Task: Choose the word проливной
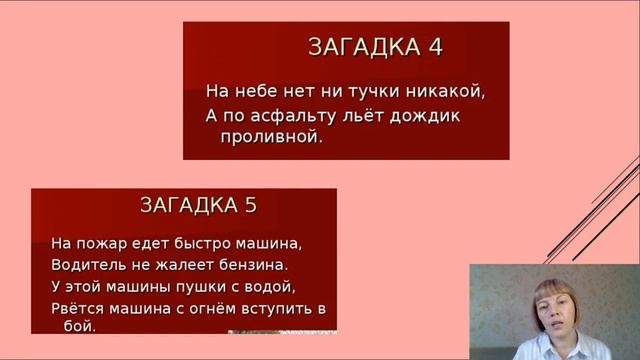pyautogui.click(x=272, y=137)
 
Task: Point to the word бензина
pyautogui.click(x=255, y=265)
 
